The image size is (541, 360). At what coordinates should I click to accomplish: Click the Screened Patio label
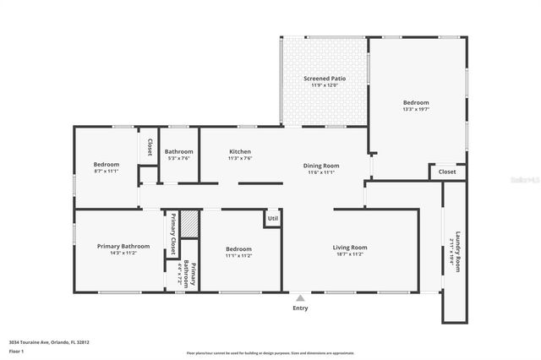[325, 79]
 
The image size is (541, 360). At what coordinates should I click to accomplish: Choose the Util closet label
[272, 219]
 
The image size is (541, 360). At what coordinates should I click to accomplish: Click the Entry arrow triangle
[299, 297]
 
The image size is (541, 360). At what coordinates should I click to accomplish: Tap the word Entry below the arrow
[300, 308]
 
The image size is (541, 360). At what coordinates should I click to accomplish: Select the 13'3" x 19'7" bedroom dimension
[416, 109]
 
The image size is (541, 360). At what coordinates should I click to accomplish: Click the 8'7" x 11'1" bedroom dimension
[106, 171]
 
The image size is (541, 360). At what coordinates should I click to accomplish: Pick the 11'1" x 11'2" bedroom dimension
[238, 254]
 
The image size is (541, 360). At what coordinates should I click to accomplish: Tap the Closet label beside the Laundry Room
[446, 172]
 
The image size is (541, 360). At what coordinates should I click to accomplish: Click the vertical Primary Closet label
[172, 235]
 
